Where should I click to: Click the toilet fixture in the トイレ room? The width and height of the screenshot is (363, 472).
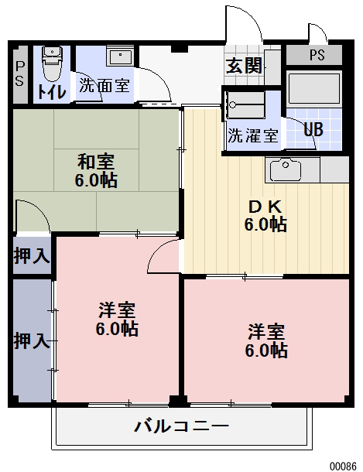coord(52,63)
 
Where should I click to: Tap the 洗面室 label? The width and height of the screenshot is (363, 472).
coord(104,86)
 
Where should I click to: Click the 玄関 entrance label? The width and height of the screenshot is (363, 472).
coord(243,66)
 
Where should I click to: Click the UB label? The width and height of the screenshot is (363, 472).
coord(313,129)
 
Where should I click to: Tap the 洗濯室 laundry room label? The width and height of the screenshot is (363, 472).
coord(252,135)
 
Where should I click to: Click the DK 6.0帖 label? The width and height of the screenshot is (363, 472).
coord(265,216)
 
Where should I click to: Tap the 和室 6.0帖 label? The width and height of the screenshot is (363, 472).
coord(97,172)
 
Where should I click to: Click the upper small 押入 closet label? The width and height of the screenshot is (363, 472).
coord(32,255)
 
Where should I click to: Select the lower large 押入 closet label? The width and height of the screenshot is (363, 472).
coord(32,340)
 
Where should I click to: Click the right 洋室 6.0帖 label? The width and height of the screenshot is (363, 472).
coord(266,341)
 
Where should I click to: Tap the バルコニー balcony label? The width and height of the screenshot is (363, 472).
coord(181,426)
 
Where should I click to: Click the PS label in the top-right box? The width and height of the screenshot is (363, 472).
coord(317,55)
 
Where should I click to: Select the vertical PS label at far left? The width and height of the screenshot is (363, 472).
coord(19,74)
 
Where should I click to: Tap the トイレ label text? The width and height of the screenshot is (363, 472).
coord(52,91)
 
